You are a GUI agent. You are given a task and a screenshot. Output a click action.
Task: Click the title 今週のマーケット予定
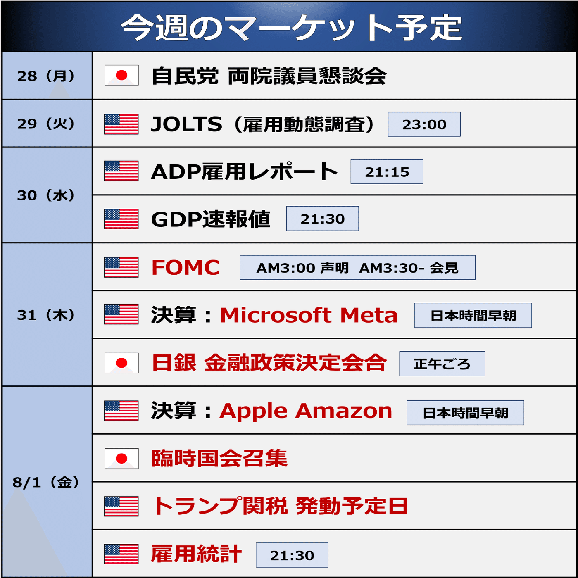(291, 28)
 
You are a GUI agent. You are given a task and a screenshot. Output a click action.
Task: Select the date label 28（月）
(46, 76)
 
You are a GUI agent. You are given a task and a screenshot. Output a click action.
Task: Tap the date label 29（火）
(46, 124)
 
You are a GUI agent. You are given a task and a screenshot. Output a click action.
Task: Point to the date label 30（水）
(46, 195)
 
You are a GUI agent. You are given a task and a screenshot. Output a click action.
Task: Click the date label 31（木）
(46, 315)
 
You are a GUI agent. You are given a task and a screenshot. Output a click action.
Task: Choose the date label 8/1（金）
(46, 482)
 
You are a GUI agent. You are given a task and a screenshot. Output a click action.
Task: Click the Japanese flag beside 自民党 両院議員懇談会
(121, 75)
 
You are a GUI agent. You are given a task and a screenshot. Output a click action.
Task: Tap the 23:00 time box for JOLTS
(424, 124)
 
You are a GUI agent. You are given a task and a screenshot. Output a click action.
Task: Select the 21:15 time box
(387, 172)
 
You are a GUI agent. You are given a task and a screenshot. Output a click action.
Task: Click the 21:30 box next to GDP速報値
(322, 219)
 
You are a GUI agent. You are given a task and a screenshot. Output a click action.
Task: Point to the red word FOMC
(186, 267)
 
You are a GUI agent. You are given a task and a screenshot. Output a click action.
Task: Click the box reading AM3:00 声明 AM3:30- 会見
(357, 268)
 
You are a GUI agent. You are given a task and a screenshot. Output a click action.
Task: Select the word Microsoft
(276, 315)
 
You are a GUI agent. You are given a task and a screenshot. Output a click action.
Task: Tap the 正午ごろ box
(442, 364)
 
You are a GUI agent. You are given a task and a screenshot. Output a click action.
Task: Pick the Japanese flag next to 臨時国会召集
(121, 459)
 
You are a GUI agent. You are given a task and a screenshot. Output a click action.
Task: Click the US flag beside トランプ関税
(121, 507)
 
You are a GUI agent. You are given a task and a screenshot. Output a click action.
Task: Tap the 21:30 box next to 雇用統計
(292, 555)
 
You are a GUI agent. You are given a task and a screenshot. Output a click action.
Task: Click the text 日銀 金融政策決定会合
(269, 363)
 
